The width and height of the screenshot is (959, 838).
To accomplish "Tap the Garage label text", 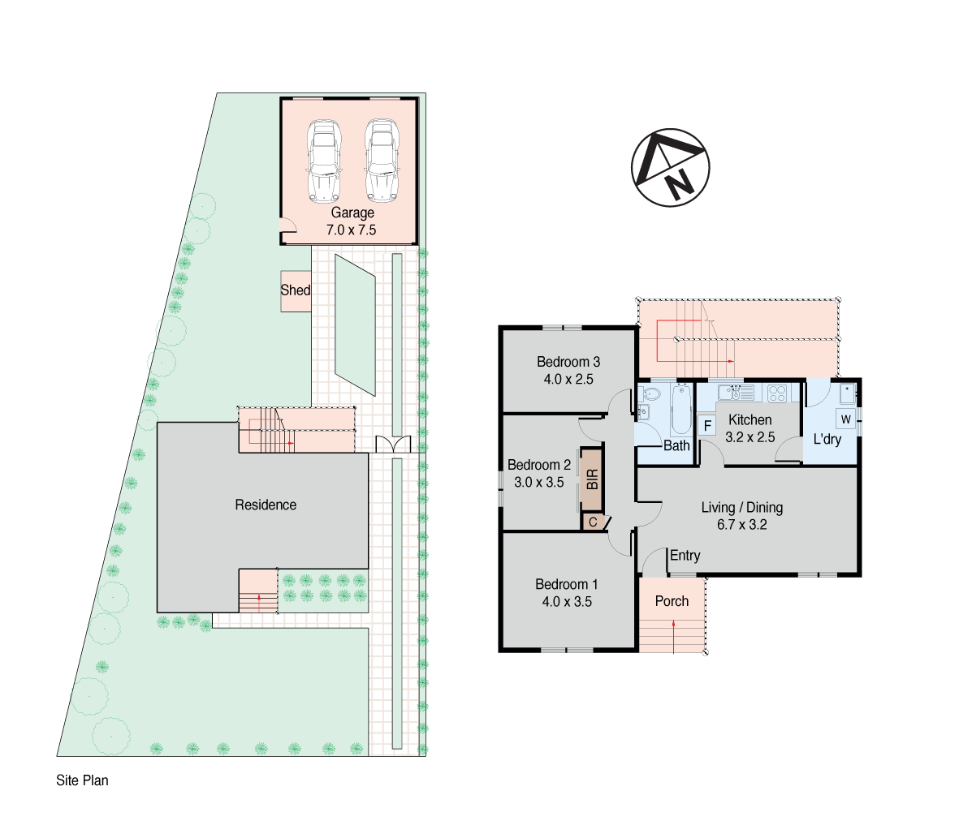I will (x=352, y=213).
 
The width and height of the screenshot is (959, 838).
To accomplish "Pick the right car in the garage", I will (x=381, y=161).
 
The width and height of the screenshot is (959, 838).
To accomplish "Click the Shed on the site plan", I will (x=296, y=290).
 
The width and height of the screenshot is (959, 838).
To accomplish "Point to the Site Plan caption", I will (x=82, y=781).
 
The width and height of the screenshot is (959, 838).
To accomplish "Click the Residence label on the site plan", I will (x=266, y=505).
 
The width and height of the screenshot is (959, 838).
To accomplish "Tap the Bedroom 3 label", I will (x=568, y=363).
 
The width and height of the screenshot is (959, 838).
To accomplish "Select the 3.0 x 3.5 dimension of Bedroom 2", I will (x=539, y=483).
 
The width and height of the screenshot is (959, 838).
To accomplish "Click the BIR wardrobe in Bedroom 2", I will (x=592, y=479).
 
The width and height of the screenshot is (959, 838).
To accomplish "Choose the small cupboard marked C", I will (x=594, y=522).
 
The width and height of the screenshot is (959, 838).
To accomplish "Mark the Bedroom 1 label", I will (x=567, y=585).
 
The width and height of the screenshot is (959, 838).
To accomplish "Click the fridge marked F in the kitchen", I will (x=707, y=425).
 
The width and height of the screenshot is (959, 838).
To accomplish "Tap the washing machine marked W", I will (x=845, y=419).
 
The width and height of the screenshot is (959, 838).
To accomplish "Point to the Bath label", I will (x=676, y=445).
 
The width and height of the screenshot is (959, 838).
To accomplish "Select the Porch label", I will (x=672, y=601).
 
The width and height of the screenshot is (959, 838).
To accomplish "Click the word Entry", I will (x=685, y=556).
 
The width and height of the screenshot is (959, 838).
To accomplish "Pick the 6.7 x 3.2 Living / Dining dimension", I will (x=741, y=525).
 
